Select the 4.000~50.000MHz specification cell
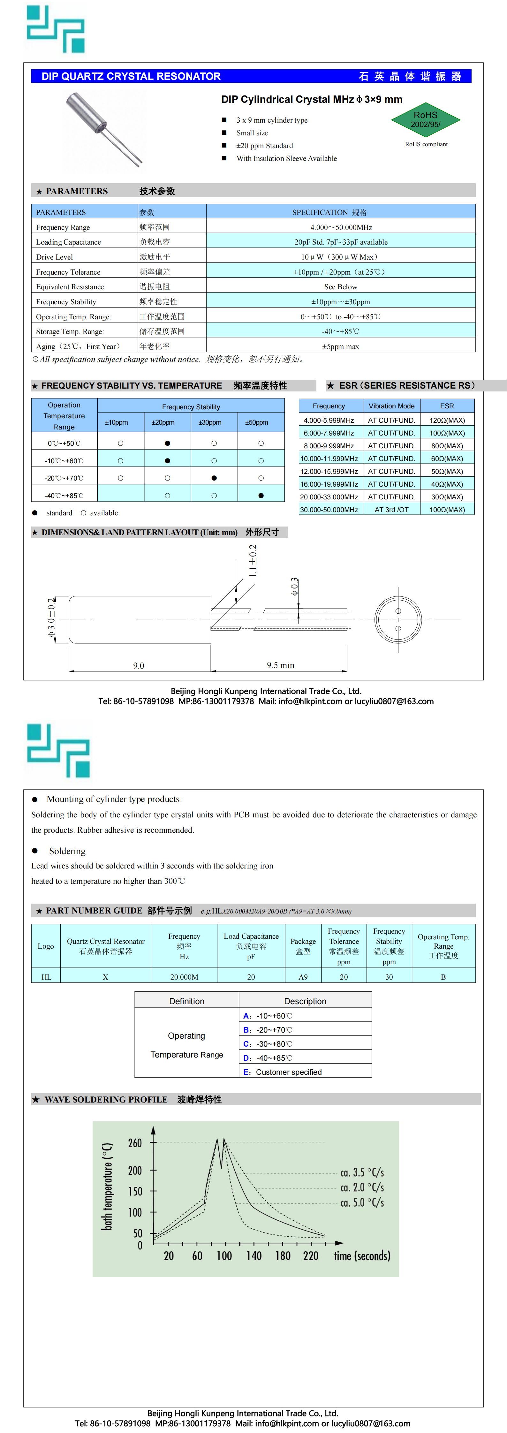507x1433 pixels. pyautogui.click(x=341, y=227)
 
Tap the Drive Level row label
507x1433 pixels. pyautogui.click(x=55, y=257)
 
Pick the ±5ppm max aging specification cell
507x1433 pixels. pyautogui.click(x=341, y=346)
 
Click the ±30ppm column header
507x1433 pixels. pyautogui.click(x=210, y=422)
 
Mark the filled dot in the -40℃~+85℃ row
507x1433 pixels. pyautogui.click(x=261, y=495)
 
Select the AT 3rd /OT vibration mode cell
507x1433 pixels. pyautogui.click(x=391, y=510)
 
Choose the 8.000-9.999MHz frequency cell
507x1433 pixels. pyautogui.click(x=329, y=446)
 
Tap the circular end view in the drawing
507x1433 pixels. pyautogui.click(x=398, y=619)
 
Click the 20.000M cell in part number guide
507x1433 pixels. pyautogui.click(x=184, y=976)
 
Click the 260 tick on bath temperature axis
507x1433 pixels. pyautogui.click(x=135, y=1143)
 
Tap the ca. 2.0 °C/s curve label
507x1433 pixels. pyautogui.click(x=362, y=1187)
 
